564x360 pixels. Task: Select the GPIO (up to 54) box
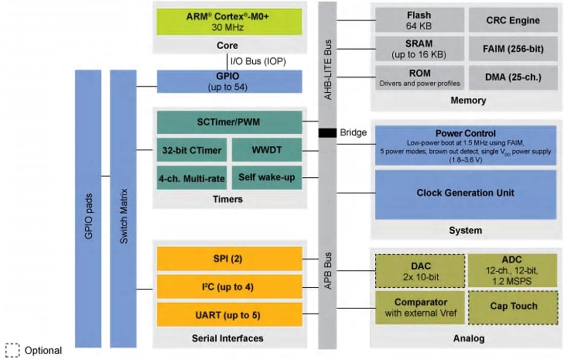coord(229,82)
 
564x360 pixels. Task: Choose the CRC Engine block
coord(513,20)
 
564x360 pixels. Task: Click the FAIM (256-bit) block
coord(513,49)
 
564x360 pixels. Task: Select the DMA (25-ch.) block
coord(513,77)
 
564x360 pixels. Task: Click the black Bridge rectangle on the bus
coord(327,133)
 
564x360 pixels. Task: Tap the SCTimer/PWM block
coord(229,123)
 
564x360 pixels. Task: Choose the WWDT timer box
coord(267,150)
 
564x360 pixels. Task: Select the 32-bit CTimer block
coord(192,150)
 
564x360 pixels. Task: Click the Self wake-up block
coord(267,177)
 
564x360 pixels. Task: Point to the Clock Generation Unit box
coord(465,194)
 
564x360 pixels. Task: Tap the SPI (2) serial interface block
coord(229,259)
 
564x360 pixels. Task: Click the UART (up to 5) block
coord(229,314)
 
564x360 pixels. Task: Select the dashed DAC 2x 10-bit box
coord(420,270)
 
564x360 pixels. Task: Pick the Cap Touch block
coord(513,307)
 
